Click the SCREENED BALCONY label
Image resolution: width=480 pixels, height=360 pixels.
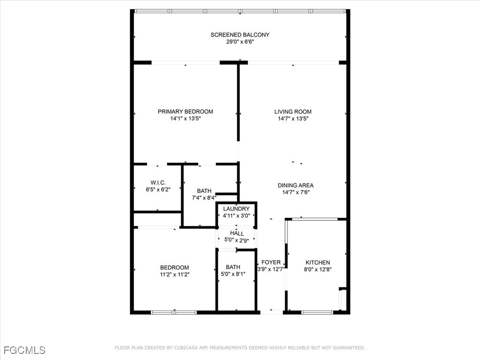240,35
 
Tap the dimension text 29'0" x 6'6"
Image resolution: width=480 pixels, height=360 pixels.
240,42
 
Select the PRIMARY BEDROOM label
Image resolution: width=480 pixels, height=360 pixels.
186,112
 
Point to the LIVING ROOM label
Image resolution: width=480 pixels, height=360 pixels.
293,112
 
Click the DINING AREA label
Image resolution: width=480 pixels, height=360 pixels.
296,185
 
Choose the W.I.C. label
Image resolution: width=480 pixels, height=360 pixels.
158,183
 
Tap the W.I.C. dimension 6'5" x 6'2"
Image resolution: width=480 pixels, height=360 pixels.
158,189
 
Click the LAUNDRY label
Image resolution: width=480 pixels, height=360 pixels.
236,209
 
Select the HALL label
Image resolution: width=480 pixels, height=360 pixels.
237,233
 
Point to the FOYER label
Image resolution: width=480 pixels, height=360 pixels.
271,262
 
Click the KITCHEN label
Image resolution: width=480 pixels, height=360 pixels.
318,262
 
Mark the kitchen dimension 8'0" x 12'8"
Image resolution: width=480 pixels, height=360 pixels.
318,270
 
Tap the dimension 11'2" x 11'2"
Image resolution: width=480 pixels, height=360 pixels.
174,275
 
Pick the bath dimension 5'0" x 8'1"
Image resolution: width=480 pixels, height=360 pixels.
233,274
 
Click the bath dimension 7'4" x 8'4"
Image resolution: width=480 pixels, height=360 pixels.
204,198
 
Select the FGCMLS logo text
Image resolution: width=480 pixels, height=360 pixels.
24,350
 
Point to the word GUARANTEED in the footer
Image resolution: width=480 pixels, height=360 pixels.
347,348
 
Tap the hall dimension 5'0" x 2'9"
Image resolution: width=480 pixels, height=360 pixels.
237,240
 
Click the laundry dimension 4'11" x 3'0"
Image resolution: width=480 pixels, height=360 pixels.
236,216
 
